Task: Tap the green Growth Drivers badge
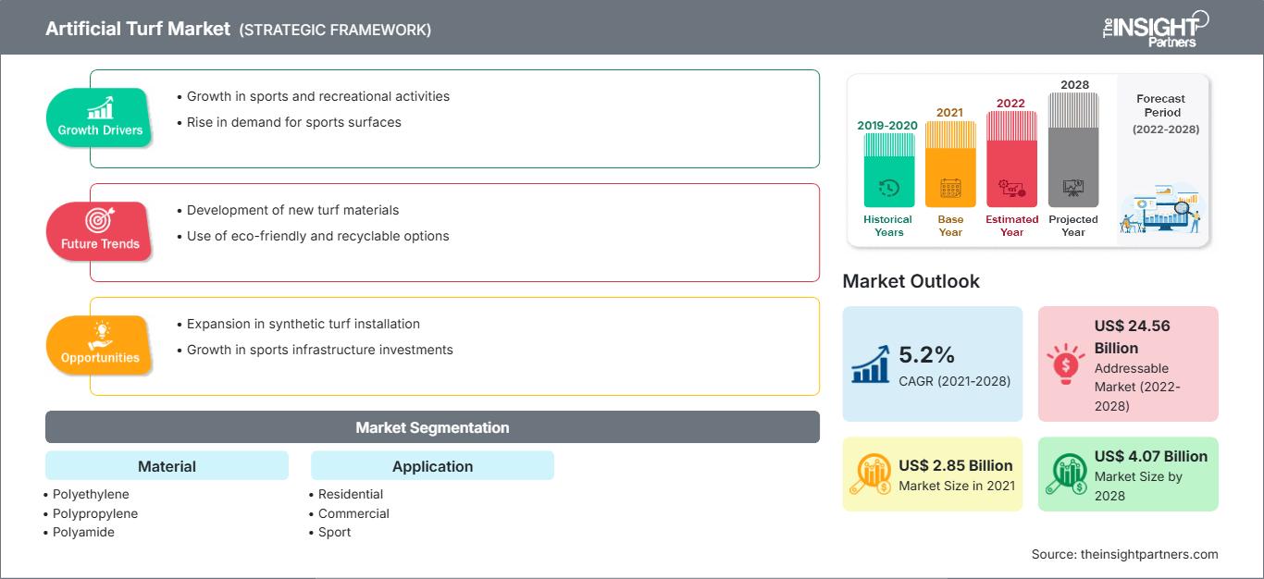[100, 117]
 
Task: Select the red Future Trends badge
[99, 231]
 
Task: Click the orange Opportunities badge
[100, 345]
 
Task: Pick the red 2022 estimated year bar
[1011, 158]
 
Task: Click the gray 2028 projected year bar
[1073, 149]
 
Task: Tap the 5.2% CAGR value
[927, 354]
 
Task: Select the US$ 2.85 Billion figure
[956, 465]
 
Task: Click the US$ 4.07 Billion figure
[1150, 456]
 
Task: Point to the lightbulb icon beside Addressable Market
[1064, 363]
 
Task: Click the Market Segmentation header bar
[432, 427]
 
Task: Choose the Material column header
[167, 466]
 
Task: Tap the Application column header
[432, 466]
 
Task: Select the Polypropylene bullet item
[95, 513]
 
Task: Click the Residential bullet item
[351, 494]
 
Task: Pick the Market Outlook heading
[911, 281]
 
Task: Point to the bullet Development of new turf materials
[292, 210]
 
